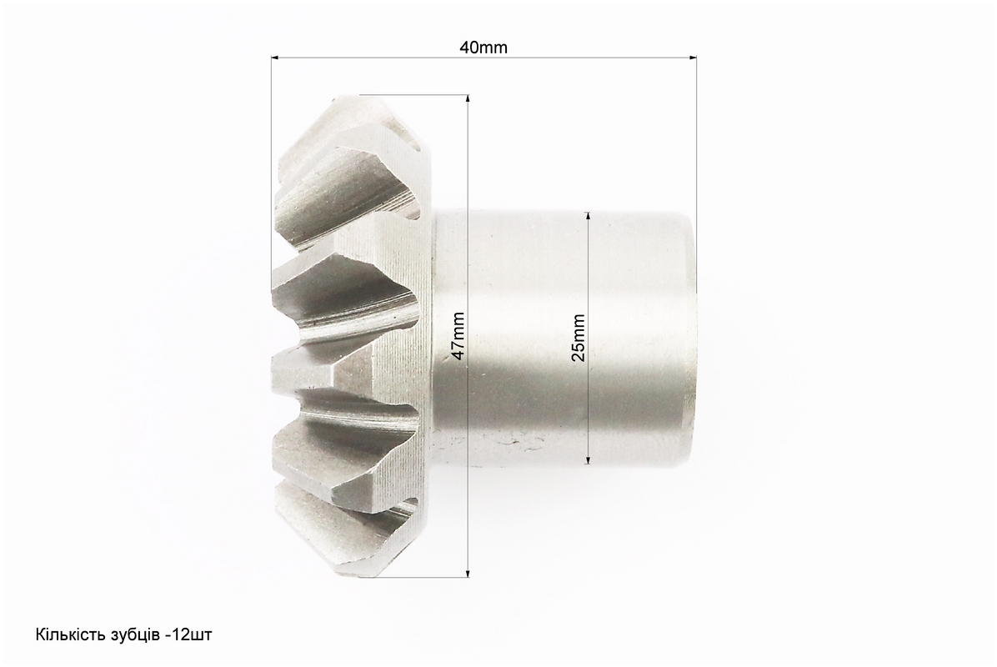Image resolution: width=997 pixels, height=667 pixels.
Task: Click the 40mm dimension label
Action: [x=483, y=48]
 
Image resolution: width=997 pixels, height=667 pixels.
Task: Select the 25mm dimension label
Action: [x=579, y=338]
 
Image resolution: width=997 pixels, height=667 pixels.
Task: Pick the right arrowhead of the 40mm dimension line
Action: [x=692, y=58]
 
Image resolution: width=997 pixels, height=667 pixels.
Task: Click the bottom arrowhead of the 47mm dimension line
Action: [x=468, y=572]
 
